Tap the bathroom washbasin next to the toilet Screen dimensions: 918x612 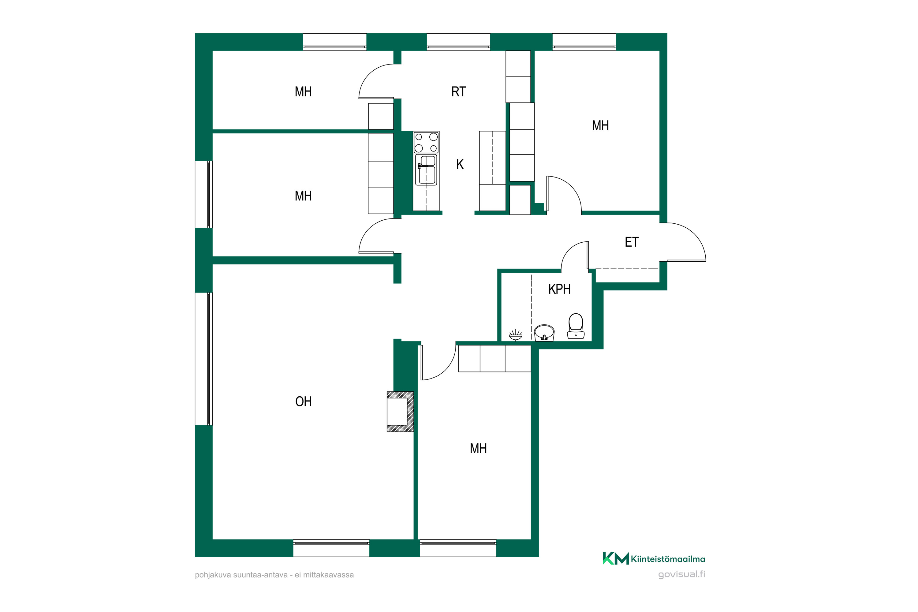[x=544, y=333]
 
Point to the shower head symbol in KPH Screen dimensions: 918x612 [x=516, y=335]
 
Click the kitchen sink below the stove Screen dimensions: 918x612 [x=426, y=170]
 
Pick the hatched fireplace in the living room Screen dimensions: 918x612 [x=400, y=411]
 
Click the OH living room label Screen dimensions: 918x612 [x=303, y=401]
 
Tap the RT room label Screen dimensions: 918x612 [x=459, y=92]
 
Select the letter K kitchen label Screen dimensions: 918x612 [x=460, y=165]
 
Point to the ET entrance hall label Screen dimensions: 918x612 [x=632, y=242]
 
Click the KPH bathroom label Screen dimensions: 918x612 [x=559, y=289]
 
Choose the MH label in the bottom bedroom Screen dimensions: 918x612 [x=478, y=449]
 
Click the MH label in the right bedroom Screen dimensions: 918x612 [x=600, y=126]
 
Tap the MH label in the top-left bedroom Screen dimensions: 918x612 [x=303, y=92]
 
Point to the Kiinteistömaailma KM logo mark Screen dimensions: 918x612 [x=615, y=558]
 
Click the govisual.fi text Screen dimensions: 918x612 [x=681, y=575]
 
